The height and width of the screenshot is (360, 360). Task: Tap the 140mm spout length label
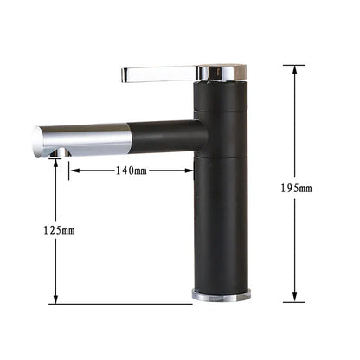pos(131,170)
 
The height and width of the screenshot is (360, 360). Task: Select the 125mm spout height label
pos(57,230)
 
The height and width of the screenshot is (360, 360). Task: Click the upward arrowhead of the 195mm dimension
pos(294,68)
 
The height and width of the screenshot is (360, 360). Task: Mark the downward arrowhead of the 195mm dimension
pos(294,299)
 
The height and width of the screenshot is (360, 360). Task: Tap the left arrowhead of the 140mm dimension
pos(72,170)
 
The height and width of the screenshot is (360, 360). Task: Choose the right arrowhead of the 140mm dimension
pos(191,170)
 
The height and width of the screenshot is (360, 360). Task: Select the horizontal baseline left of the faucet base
pos(121,303)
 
